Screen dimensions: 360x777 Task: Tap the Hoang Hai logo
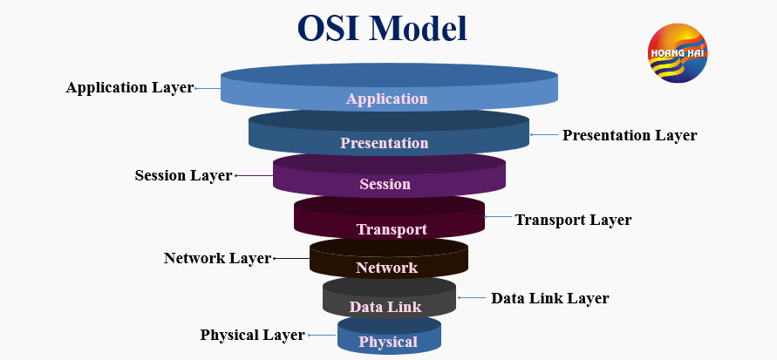pyautogui.click(x=678, y=53)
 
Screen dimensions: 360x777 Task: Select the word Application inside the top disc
pyautogui.click(x=387, y=98)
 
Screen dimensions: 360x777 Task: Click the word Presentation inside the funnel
pyautogui.click(x=385, y=143)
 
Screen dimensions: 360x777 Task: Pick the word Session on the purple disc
pyautogui.click(x=385, y=184)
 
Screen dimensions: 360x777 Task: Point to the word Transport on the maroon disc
pyautogui.click(x=392, y=229)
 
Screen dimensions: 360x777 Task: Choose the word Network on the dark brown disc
pyautogui.click(x=386, y=268)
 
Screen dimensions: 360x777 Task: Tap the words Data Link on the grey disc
pyautogui.click(x=385, y=306)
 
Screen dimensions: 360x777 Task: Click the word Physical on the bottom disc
pyautogui.click(x=388, y=342)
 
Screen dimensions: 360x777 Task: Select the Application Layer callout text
pyautogui.click(x=130, y=88)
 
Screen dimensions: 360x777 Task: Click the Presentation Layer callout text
pyautogui.click(x=630, y=135)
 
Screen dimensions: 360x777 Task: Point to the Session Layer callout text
pyautogui.click(x=183, y=175)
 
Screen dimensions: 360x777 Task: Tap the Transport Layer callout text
pyautogui.click(x=573, y=220)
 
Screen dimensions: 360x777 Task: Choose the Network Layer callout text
pyautogui.click(x=217, y=258)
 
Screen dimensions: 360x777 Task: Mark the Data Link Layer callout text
pyautogui.click(x=549, y=298)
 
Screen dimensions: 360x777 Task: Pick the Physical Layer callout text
pyautogui.click(x=252, y=335)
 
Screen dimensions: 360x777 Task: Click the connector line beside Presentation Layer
pyautogui.click(x=543, y=135)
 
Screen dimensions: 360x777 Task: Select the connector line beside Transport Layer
pyautogui.click(x=497, y=216)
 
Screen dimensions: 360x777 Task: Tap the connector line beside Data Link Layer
pyautogui.click(x=472, y=298)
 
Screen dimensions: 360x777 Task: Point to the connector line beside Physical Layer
pyautogui.click(x=322, y=335)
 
